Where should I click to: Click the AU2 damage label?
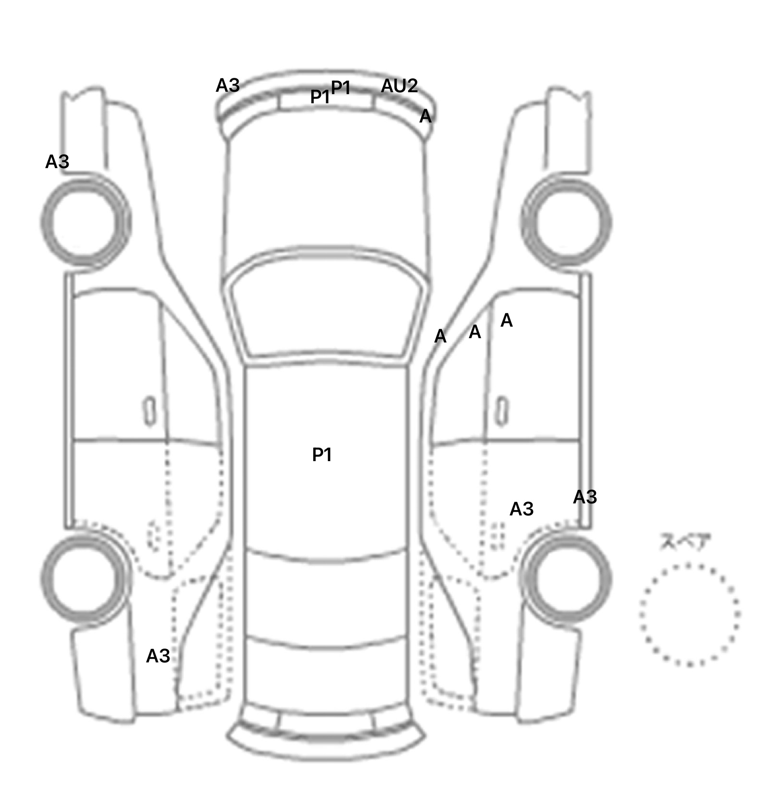coord(399,86)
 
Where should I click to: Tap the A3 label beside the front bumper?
coord(227,86)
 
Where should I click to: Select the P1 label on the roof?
coord(322,454)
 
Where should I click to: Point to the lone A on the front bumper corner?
coord(425,116)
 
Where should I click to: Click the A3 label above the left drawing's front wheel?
coord(57,162)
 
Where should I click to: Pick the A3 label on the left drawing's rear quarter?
coord(158,656)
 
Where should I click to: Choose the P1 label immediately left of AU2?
coord(341,87)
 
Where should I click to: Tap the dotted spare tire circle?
coord(690,614)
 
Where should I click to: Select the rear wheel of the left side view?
coord(85,579)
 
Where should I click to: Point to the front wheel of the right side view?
coord(567,222)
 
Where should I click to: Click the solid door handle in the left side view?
coord(150,411)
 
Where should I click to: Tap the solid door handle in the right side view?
coord(502,411)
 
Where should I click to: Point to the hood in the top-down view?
coord(327,187)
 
